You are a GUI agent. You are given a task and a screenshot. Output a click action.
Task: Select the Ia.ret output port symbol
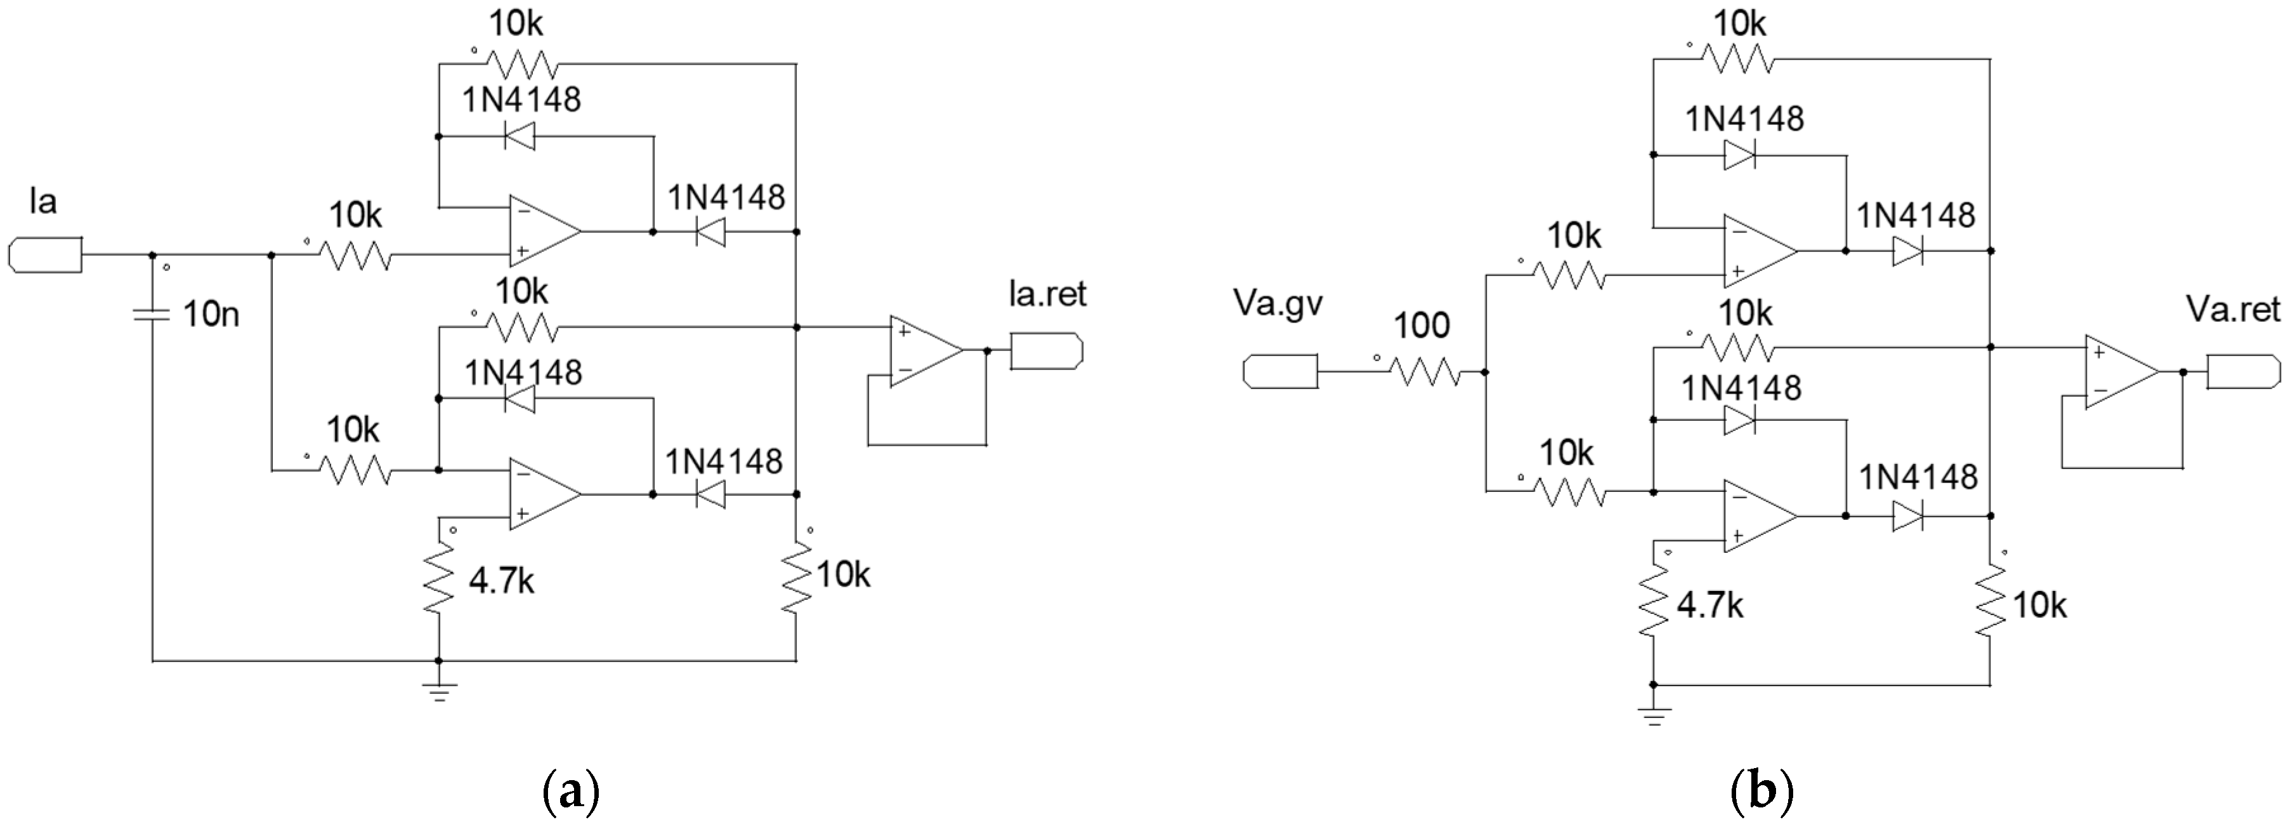pos(1047,351)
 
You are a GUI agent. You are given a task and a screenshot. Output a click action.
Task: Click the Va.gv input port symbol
pos(1280,371)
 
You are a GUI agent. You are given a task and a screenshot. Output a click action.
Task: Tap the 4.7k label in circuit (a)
pos(501,581)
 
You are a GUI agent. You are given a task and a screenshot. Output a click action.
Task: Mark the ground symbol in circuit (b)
pos(1654,714)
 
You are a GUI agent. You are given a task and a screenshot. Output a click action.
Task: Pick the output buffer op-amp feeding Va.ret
pos(2119,372)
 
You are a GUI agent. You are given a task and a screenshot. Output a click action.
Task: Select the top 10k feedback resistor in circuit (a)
pos(525,64)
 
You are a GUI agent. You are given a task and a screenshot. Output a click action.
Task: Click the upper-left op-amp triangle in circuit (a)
pos(544,232)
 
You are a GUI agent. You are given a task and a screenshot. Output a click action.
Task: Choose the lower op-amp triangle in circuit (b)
pos(1758,517)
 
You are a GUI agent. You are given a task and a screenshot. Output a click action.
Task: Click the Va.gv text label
pos(1278,303)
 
